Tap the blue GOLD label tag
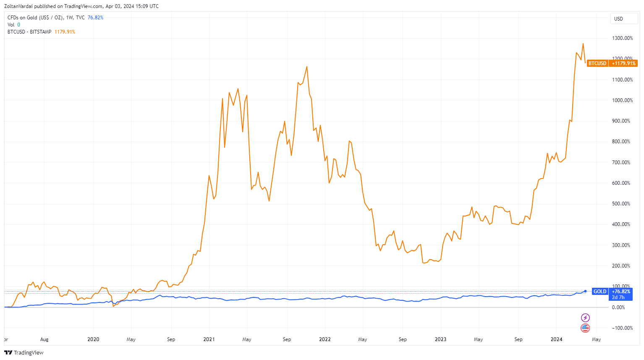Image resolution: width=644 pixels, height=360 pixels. tap(599, 292)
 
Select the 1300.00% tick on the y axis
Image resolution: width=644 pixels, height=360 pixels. tap(622, 38)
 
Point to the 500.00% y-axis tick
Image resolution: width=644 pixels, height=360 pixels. tap(621, 204)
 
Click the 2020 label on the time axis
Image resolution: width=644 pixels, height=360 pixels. tap(93, 339)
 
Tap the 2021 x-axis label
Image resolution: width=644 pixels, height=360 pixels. tap(209, 339)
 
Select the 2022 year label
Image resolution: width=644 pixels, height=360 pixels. tap(325, 339)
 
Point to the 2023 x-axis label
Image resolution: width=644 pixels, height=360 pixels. tap(440, 339)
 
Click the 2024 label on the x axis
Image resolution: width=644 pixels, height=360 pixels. tap(556, 339)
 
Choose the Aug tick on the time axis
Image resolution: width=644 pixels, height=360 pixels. tap(44, 339)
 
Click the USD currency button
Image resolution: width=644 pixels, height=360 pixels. tap(618, 18)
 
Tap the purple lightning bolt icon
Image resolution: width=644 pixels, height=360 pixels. tap(585, 318)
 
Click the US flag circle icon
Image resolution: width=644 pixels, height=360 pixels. tap(585, 328)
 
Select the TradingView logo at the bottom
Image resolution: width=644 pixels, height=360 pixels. tap(24, 352)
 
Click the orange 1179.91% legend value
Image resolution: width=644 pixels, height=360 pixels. tap(65, 32)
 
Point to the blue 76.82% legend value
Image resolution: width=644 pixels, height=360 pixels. tap(95, 18)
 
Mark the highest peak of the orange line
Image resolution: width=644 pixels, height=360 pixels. tap(583, 44)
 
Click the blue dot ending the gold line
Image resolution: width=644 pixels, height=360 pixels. tap(585, 291)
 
